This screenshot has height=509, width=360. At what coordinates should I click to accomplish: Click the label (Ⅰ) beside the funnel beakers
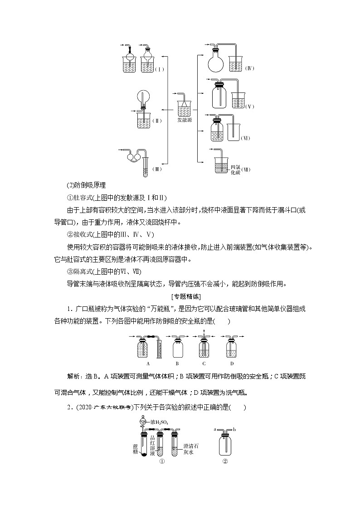[159, 69]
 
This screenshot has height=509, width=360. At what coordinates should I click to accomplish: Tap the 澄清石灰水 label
[191, 448]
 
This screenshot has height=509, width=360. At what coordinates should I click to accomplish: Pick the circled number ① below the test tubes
[161, 462]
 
